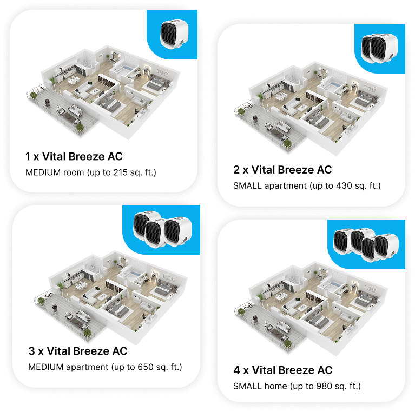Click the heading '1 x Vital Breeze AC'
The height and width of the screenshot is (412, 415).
point(74,157)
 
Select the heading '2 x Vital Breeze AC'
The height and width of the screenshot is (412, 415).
point(282,170)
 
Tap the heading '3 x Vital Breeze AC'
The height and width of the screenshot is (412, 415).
point(78,351)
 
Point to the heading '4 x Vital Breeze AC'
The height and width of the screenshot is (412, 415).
point(282,370)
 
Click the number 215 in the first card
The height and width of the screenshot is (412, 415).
point(121,172)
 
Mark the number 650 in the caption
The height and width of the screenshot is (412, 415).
point(146,367)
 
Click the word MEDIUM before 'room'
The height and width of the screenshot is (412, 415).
point(43,172)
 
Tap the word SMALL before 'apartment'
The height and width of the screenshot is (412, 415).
point(247,185)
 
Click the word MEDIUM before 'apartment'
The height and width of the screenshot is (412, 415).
point(46,367)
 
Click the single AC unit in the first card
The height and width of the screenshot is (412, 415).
point(174,34)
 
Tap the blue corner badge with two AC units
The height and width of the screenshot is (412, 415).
point(380,49)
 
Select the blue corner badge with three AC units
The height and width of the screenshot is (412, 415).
point(161,230)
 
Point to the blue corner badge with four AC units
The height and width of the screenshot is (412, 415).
point(366,244)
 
